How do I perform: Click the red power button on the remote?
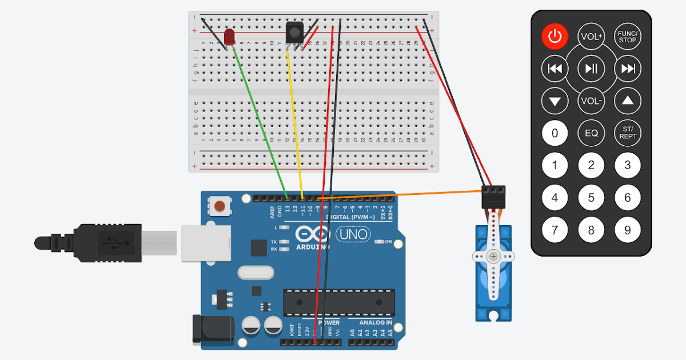point(555,37)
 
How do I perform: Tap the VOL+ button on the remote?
point(591,37)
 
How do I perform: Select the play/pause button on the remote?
point(591,69)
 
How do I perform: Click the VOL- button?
point(591,101)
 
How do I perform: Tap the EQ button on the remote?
point(591,133)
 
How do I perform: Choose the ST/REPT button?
point(628,133)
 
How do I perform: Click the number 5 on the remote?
point(591,198)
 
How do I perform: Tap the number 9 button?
point(628,230)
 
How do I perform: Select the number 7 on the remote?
point(555,230)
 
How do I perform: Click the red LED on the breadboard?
point(230,37)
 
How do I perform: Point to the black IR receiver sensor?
point(294,31)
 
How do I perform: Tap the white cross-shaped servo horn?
point(493,257)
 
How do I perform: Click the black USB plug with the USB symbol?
point(109,243)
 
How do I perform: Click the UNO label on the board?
point(353,234)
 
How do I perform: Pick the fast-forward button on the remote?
point(628,69)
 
